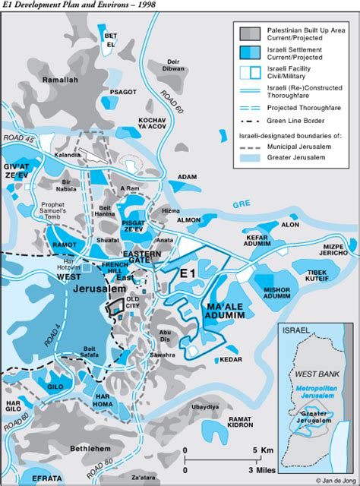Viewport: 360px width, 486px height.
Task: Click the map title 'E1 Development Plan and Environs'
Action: (x=68, y=5)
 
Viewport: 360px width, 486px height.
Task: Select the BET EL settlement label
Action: (x=111, y=39)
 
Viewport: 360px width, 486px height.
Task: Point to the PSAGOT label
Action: (x=123, y=92)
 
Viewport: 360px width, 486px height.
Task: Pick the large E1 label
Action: (x=188, y=273)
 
